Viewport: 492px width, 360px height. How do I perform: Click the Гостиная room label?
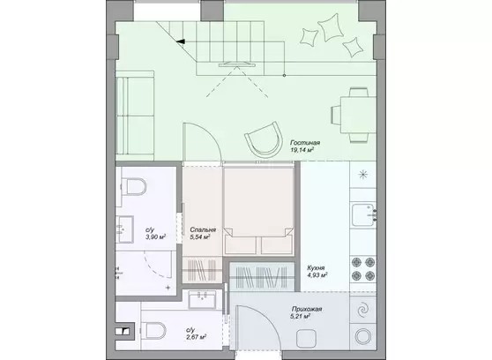click(x=305, y=143)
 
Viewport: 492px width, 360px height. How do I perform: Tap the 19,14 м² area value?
click(x=302, y=150)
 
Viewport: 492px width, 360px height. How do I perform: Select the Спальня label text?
click(x=203, y=230)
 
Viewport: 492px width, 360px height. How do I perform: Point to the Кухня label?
click(x=316, y=268)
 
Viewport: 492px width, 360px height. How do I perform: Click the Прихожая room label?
click(x=307, y=309)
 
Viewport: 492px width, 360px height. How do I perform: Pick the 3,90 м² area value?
click(x=156, y=236)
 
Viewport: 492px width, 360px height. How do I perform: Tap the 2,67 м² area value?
click(x=196, y=337)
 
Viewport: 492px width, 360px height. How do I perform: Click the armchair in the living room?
click(x=264, y=140)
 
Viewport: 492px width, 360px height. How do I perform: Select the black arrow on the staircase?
click(x=181, y=41)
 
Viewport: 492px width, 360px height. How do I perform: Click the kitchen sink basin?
click(x=362, y=215)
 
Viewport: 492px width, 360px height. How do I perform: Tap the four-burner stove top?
click(x=363, y=269)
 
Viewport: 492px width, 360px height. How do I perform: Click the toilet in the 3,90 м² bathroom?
click(x=134, y=186)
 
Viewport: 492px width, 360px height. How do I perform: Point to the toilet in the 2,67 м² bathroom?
click(x=153, y=331)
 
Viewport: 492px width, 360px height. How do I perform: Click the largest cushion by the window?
click(x=330, y=27)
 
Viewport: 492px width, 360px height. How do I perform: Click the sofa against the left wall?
click(x=135, y=116)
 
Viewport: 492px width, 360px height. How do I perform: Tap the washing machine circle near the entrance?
click(x=363, y=336)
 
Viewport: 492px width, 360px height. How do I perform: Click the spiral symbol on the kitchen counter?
click(x=363, y=310)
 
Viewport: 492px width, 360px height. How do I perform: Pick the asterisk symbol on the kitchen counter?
click(x=363, y=174)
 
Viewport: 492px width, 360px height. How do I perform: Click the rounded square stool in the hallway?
click(x=306, y=338)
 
